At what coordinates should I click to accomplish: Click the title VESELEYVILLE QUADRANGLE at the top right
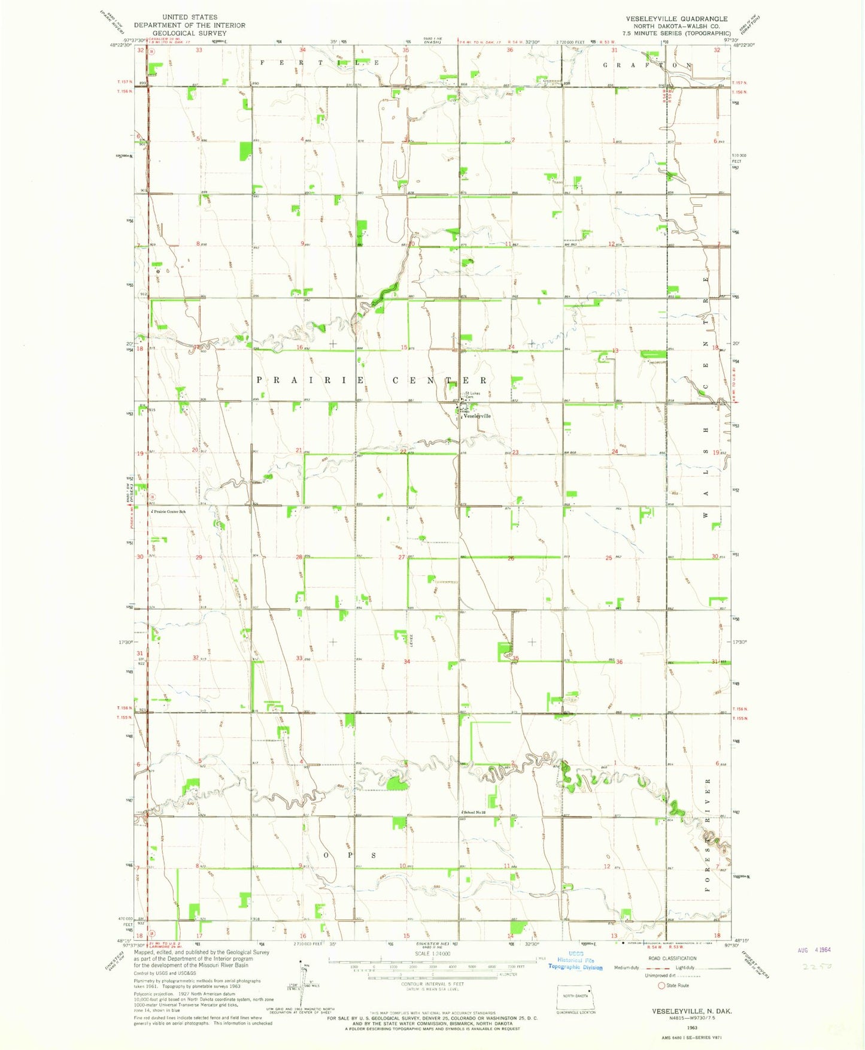pyautogui.click(x=677, y=19)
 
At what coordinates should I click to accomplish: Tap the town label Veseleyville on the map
pyautogui.click(x=477, y=416)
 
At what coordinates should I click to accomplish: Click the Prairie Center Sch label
pyautogui.click(x=169, y=512)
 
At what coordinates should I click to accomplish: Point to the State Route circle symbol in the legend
pyautogui.click(x=661, y=985)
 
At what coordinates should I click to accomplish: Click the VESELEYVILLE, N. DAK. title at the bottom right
pyautogui.click(x=691, y=1011)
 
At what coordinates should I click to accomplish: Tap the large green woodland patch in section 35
pyautogui.click(x=505, y=651)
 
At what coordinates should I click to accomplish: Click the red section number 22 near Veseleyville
pyautogui.click(x=403, y=452)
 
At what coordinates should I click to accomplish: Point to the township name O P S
pyautogui.click(x=350, y=855)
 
